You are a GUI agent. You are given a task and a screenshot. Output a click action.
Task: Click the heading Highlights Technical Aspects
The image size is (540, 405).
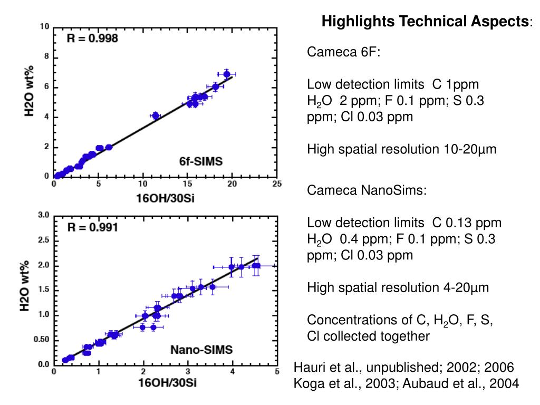point(427,22)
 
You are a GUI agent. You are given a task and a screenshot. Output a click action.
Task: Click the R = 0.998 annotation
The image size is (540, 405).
point(92,38)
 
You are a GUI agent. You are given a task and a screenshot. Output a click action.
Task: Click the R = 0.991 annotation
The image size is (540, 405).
point(92,228)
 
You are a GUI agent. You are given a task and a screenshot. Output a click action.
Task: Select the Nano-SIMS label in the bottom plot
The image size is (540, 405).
point(201,350)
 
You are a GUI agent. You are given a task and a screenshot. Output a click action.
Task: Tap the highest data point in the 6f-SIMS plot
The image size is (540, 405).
point(227,74)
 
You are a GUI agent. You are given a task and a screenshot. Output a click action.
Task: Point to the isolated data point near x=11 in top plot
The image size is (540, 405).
point(155,115)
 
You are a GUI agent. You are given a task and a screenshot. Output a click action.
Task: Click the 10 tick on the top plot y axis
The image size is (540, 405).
point(45,27)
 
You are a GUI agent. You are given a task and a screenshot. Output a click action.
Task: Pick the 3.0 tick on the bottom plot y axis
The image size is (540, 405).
point(44,215)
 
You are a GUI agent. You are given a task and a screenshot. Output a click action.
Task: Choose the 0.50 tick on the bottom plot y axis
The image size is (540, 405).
point(42,340)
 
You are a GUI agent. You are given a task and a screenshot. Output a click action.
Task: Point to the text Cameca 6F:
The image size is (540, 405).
point(344,52)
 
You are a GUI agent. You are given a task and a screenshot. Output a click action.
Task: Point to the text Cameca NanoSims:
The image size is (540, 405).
point(367,190)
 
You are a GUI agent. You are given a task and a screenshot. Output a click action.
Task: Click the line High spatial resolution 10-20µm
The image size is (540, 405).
point(402,150)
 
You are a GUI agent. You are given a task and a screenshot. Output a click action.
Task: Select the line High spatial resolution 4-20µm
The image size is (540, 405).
point(398,288)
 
